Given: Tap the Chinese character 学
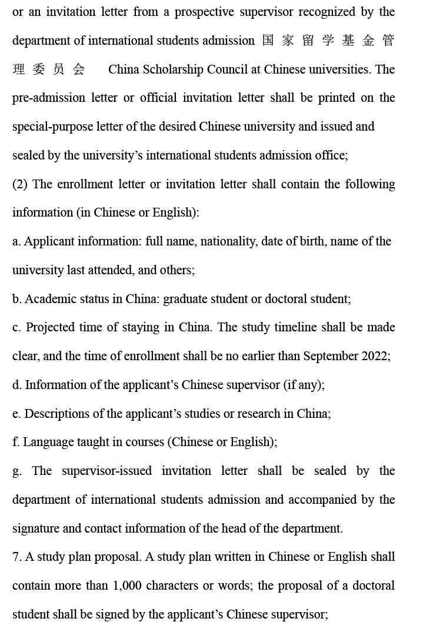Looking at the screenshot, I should [x=328, y=41].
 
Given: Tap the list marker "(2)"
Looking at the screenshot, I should [x=21, y=184].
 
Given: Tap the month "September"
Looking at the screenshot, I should [x=331, y=356].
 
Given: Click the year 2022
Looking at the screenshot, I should [x=375, y=356].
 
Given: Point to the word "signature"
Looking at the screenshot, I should [x=35, y=528].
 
